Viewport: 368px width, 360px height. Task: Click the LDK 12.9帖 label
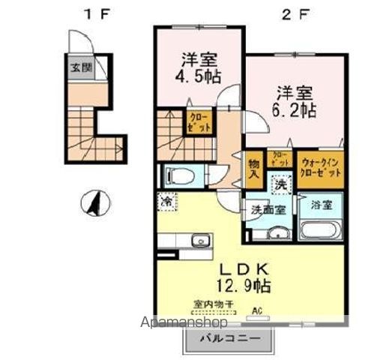point(235,277)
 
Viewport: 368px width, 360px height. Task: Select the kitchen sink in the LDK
point(200,241)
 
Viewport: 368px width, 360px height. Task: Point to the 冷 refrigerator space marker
point(169,202)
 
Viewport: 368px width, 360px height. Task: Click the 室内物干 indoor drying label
point(214,304)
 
